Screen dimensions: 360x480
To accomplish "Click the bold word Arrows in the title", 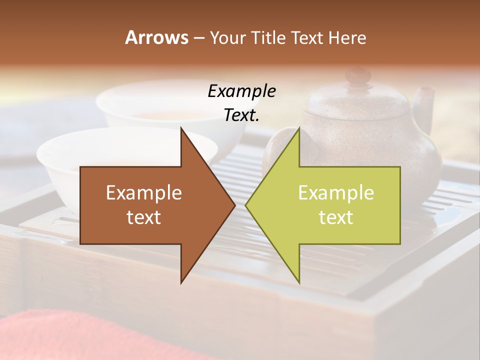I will click(156, 37).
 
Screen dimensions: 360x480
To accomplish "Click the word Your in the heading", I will click(226, 37).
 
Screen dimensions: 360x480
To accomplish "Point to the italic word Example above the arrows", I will click(241, 91).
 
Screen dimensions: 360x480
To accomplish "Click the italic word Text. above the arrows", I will click(241, 115).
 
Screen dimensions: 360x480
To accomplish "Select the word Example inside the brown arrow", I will click(144, 192).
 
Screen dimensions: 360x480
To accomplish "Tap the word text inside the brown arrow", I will click(144, 217).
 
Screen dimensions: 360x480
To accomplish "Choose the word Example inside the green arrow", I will click(336, 192).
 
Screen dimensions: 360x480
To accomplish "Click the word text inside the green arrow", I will click(336, 217).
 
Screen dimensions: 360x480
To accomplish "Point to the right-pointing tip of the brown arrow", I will click(234, 205).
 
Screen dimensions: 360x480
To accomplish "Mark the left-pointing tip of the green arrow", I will click(246, 205).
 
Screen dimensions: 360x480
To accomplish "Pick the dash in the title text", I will click(198, 38).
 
